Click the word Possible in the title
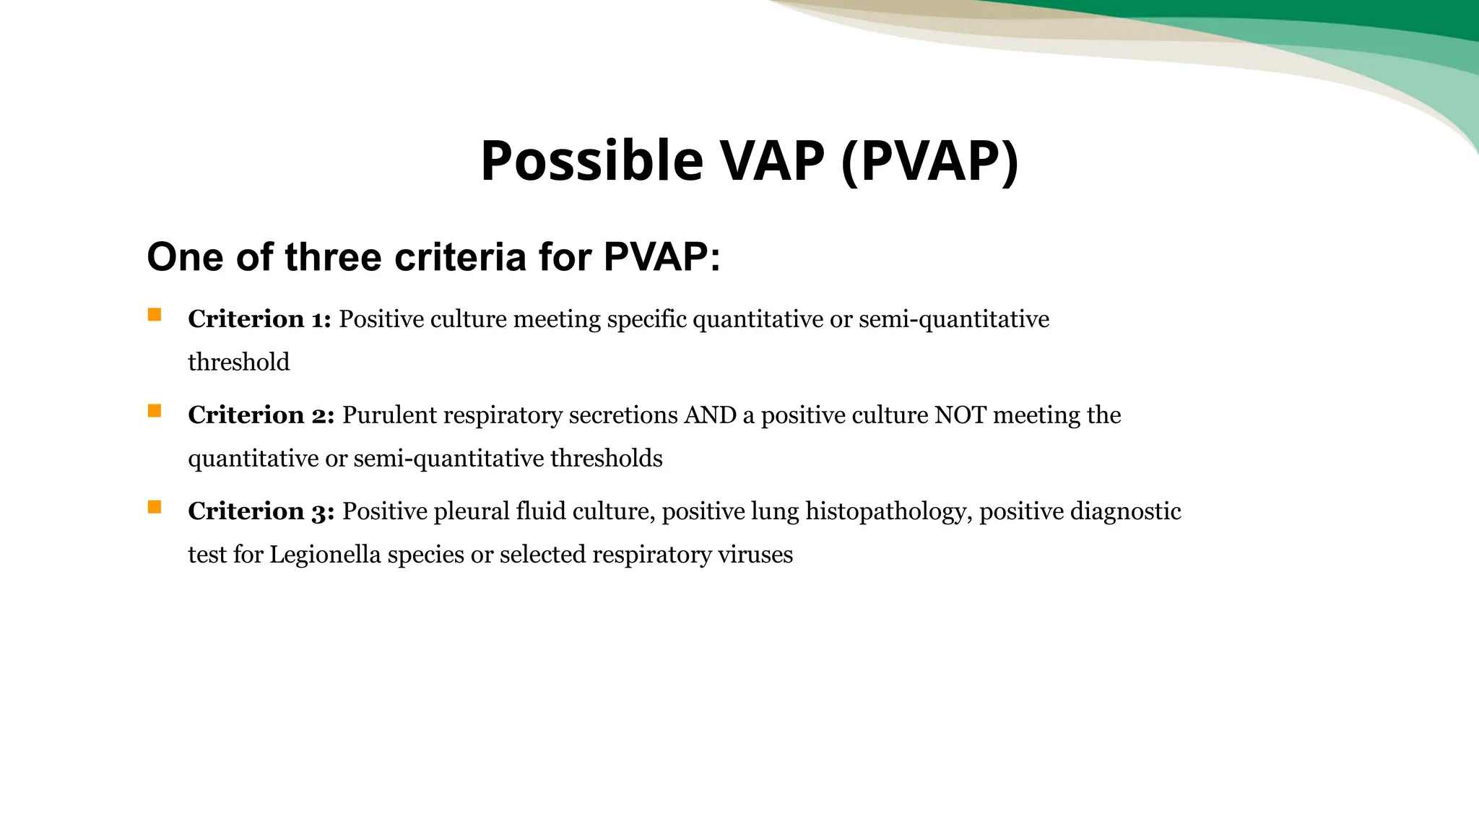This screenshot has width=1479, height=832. point(591,160)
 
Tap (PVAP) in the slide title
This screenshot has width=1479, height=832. point(930,160)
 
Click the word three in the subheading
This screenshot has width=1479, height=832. point(333,257)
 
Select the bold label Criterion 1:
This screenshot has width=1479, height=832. point(259,318)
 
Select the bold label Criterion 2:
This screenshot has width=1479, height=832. point(261,415)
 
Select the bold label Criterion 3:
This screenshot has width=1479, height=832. point(261,511)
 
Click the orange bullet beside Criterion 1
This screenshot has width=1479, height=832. point(155,315)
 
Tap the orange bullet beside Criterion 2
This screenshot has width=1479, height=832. point(155,411)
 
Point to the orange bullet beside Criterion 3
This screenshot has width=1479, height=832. point(155,507)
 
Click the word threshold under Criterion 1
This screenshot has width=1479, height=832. point(238,362)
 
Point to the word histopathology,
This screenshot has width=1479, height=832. point(889,511)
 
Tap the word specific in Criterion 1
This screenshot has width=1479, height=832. point(647,318)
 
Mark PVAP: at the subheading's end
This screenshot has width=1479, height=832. point(662,257)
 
